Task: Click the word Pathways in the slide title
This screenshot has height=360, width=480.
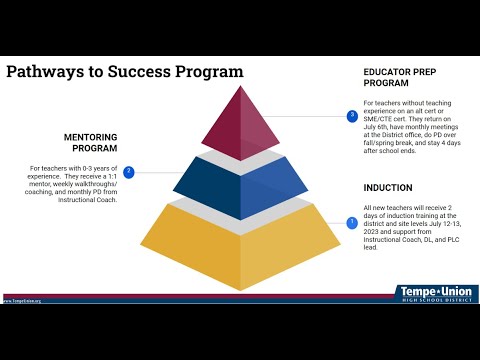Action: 46,72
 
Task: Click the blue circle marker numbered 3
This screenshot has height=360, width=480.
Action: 351,117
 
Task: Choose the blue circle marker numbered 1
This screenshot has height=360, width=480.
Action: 351,222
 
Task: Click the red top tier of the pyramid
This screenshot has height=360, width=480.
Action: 239,125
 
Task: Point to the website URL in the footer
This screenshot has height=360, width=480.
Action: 22,299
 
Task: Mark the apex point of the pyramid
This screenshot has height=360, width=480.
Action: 240,86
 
